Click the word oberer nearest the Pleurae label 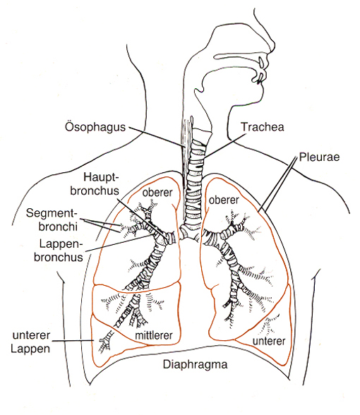click(224, 200)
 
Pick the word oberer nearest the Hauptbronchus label click(155, 191)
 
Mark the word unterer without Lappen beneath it click(270, 342)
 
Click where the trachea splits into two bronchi click(186, 232)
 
